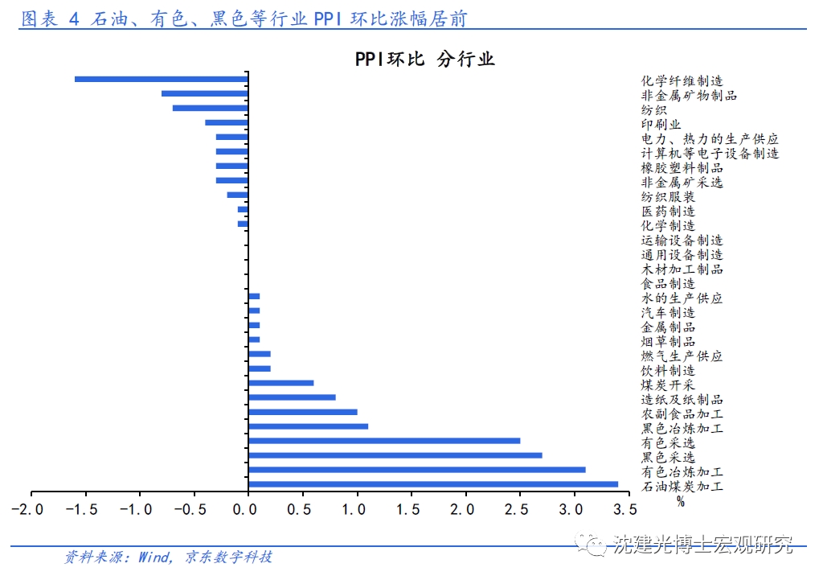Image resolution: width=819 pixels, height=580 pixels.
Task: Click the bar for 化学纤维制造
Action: [x=161, y=79]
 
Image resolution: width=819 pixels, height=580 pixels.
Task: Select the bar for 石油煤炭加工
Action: [x=433, y=484]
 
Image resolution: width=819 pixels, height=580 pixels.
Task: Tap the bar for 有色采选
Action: [x=384, y=441]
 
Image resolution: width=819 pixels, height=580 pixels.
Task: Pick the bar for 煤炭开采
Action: [x=281, y=383]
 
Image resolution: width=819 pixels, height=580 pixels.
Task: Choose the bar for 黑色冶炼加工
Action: [x=309, y=426]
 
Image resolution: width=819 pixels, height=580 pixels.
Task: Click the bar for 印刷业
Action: [x=227, y=122]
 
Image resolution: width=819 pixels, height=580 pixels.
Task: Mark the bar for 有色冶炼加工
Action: [x=417, y=470]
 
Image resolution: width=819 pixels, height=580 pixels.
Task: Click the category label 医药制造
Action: [x=668, y=212]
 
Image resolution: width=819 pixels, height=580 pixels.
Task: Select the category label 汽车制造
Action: [x=668, y=313]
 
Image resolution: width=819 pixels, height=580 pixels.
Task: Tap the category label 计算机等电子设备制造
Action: [x=710, y=154]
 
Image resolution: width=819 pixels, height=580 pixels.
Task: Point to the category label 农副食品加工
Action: [x=682, y=414]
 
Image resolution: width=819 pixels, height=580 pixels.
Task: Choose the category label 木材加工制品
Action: [x=682, y=269]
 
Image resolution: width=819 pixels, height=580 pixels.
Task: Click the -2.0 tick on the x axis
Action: [x=31, y=510]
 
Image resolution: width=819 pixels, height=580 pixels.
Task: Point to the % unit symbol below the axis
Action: [x=680, y=502]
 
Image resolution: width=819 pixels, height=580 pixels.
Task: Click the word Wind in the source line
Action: [x=154, y=557]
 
